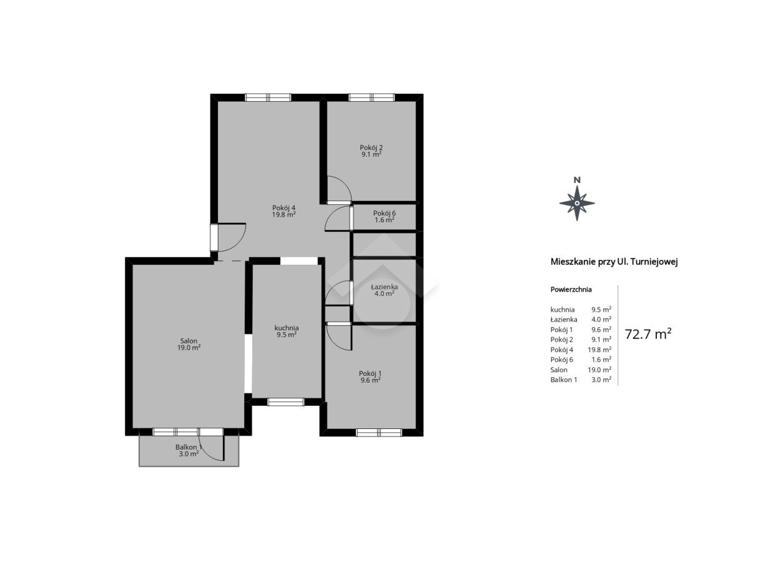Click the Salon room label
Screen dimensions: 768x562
189,341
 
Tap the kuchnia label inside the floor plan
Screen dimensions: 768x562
287,328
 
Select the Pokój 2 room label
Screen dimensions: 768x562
372,147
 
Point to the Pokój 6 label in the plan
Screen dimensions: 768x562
385,214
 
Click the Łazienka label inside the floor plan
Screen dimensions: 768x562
385,287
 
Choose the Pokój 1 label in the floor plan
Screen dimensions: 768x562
370,373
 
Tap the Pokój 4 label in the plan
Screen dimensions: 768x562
284,208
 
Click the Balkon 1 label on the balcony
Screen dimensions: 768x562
188,447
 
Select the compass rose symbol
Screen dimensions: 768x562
577,204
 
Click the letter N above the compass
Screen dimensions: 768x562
578,180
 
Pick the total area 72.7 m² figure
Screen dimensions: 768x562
648,334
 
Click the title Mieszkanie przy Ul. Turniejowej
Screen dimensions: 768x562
614,262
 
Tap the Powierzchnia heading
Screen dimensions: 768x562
571,289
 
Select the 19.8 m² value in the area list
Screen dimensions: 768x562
599,350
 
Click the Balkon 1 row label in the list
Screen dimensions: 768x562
564,380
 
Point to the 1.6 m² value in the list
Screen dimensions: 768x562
601,360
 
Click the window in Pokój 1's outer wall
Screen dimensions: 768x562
379,433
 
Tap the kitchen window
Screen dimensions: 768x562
285,402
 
